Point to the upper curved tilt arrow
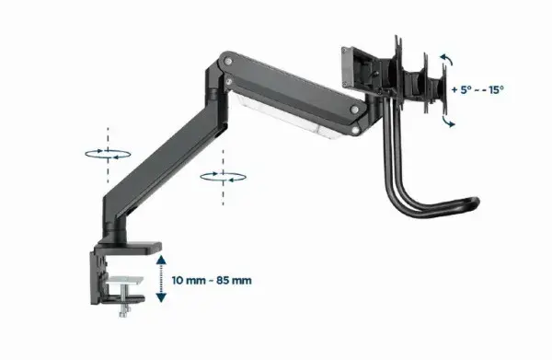click(445, 60)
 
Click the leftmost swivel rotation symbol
click(108, 155)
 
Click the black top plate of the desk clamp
click(129, 248)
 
